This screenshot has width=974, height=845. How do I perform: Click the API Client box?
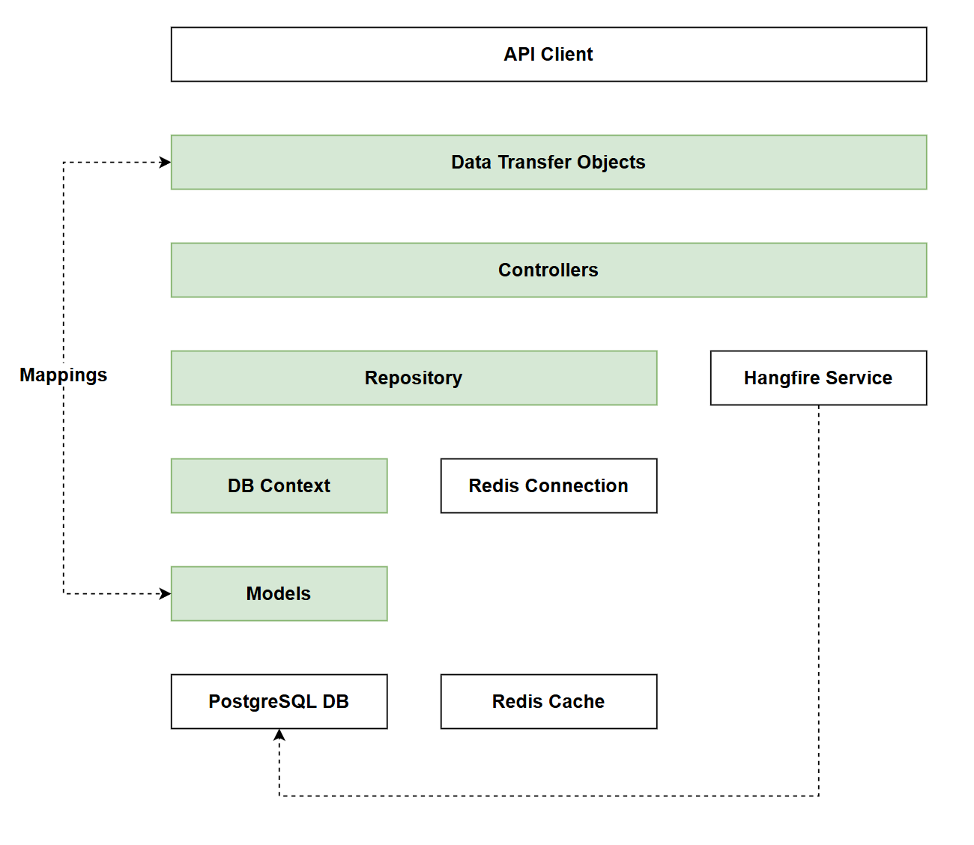[548, 55]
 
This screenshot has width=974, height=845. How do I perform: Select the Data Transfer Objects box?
[548, 163]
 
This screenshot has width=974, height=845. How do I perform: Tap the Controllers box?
[548, 270]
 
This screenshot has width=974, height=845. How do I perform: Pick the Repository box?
[414, 378]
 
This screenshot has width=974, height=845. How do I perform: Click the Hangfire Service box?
[818, 378]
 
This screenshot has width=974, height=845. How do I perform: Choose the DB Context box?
[279, 486]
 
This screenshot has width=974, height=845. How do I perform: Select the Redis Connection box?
[548, 486]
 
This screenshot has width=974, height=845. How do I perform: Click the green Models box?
[279, 594]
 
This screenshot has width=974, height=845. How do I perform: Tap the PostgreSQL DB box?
[279, 702]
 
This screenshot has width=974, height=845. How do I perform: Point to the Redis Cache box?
[548, 702]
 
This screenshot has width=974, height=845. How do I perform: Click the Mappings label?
[64, 375]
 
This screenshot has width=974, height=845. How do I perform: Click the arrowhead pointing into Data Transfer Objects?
[166, 163]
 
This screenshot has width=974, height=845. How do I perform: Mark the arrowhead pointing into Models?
[166, 594]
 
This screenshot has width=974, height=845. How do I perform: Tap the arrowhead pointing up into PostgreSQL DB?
[279, 735]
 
